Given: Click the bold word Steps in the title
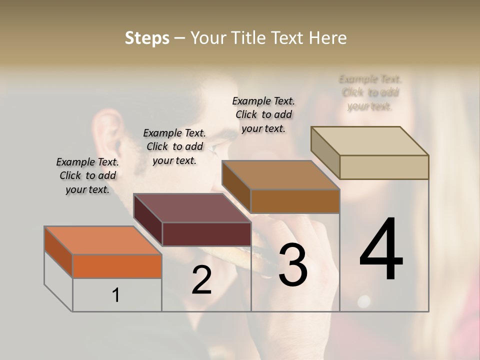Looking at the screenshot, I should point(147,38).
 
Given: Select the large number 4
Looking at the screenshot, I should point(381,250).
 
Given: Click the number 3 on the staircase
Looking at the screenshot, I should point(292,265).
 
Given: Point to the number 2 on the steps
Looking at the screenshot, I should point(201,280).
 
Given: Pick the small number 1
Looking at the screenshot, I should point(116,295).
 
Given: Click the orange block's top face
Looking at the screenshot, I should point(103,240).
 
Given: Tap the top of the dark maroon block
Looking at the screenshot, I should point(192,207).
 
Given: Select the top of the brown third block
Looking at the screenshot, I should point(280,175).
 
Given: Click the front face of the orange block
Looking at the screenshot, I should point(117,266).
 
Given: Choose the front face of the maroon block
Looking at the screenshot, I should point(206,234).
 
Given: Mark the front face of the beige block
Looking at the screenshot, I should point(384,167).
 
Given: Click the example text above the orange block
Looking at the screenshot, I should point(87,175).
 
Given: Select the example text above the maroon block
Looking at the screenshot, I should point(174,146).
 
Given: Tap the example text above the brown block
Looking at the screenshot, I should point(263,114).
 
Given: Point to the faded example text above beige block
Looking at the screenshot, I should point(370,92).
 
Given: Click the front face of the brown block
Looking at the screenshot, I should point(295,201).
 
